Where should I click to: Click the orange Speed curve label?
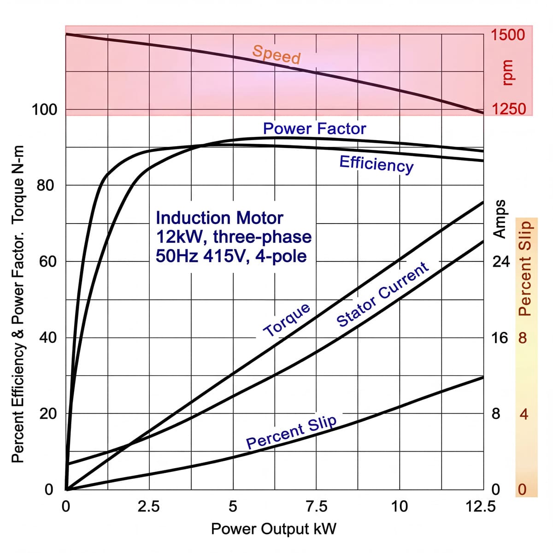tap(276, 54)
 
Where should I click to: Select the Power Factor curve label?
tap(314, 129)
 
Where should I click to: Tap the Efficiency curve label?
tap(377, 164)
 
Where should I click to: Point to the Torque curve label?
tap(287, 320)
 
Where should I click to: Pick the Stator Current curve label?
tap(383, 294)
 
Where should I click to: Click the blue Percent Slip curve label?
tap(291, 431)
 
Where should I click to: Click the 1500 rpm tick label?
tap(507, 35)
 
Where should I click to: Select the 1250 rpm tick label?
tap(508, 109)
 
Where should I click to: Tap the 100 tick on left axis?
tap(44, 110)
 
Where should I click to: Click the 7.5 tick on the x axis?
tap(316, 506)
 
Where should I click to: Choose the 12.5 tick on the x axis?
tap(480, 506)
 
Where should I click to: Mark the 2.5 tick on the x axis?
tap(149, 506)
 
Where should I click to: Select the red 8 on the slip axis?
tap(522, 338)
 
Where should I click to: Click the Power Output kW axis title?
tap(273, 529)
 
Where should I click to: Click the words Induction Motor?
tap(219, 218)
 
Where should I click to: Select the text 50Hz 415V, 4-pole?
tap(231, 255)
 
